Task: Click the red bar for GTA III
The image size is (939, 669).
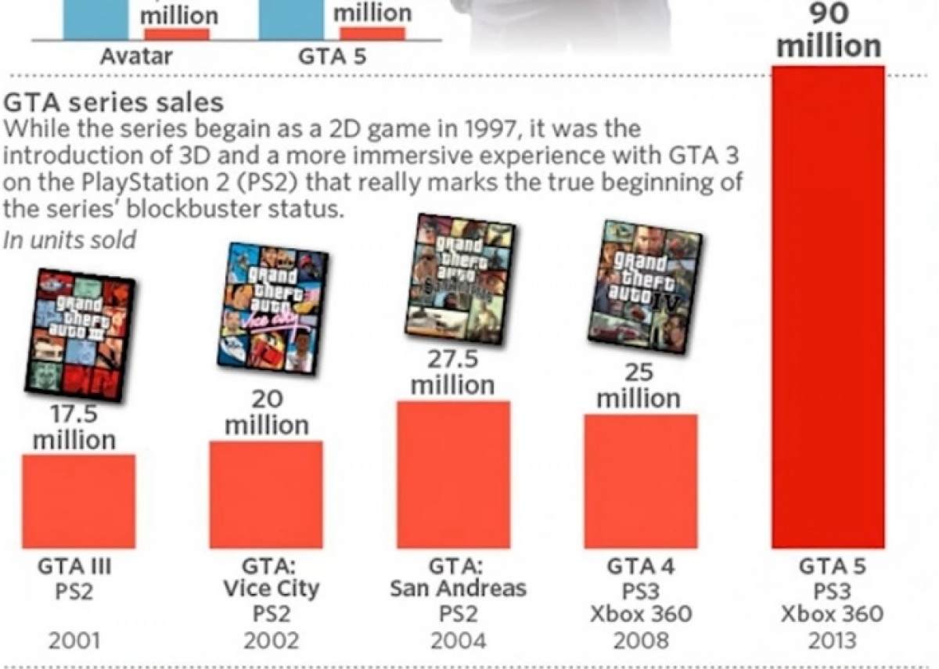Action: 78,501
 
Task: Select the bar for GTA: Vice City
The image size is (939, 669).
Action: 266,495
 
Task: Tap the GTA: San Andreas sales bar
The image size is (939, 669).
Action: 453,475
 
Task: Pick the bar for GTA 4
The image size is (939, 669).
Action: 641,481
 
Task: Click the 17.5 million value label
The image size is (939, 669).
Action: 74,426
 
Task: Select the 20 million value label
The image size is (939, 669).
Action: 267,412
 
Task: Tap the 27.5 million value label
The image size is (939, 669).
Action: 453,372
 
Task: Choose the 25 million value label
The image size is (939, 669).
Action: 639,386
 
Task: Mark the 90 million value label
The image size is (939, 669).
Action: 829,31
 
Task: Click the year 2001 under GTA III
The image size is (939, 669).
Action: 74,641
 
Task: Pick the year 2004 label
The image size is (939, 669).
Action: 458,641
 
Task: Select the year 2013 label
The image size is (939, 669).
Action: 831,641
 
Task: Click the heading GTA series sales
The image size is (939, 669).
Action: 113,103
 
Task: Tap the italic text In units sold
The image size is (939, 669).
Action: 70,239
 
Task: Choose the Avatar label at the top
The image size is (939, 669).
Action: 136,57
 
